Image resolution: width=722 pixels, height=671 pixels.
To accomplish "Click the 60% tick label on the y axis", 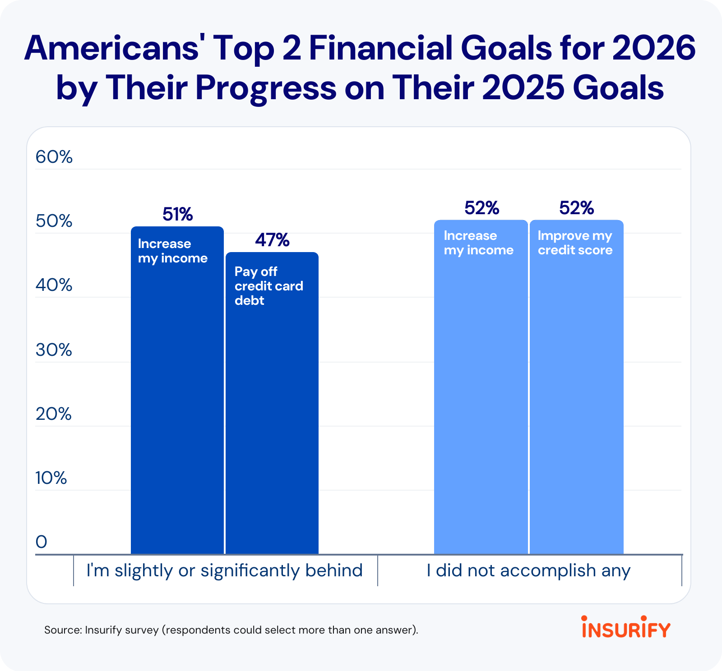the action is [54, 157].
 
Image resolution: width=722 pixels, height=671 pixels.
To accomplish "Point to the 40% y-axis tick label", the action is [54, 285].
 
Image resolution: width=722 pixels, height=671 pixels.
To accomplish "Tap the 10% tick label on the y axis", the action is [51, 478].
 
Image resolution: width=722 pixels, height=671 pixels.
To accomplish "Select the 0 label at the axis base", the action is [42, 542].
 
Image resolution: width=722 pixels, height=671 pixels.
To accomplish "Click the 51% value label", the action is [178, 214].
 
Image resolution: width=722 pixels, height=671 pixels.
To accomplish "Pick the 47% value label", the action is [272, 240].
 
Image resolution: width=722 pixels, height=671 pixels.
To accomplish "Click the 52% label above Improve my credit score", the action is [577, 208].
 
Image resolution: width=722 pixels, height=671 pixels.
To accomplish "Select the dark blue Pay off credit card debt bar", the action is [272, 403].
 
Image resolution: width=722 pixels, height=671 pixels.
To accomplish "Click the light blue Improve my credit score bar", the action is [577, 387].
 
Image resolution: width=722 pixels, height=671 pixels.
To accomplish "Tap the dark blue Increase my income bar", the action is [177, 391].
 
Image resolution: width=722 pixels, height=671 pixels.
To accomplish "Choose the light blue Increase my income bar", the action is [481, 387].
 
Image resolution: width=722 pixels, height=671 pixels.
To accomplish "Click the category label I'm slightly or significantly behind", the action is [225, 571].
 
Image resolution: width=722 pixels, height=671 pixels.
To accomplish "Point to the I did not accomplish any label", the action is [529, 571].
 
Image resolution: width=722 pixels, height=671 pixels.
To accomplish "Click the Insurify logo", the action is [626, 627].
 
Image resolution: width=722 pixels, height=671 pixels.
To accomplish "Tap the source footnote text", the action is [231, 630].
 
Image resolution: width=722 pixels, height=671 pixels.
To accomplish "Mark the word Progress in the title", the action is [266, 88].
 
